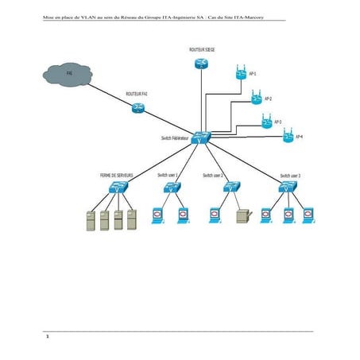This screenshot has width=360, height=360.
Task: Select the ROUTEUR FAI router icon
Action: [138, 108]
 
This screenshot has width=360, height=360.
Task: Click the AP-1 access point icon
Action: [242, 74]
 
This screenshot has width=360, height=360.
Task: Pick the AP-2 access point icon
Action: [255, 99]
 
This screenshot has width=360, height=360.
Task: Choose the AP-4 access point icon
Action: [288, 137]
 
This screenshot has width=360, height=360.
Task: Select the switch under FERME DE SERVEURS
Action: [118, 189]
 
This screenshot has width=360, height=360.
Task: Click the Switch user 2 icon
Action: [231, 188]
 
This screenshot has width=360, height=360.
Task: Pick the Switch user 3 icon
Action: [288, 188]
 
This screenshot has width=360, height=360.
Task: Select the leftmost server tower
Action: [90, 219]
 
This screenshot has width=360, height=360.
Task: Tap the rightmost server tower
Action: [132, 219]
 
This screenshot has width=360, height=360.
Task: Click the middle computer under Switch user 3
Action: [288, 215]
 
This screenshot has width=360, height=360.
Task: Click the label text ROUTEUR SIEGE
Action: [201, 48]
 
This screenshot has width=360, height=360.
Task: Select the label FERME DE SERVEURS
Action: [116, 174]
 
